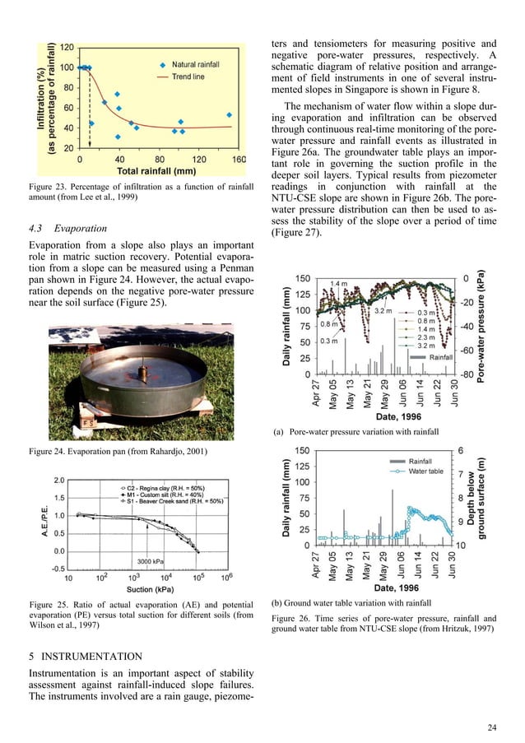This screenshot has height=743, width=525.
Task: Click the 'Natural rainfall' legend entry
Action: pyautogui.click(x=197, y=63)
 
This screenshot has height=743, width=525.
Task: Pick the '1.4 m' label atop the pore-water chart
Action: pyautogui.click(x=337, y=283)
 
